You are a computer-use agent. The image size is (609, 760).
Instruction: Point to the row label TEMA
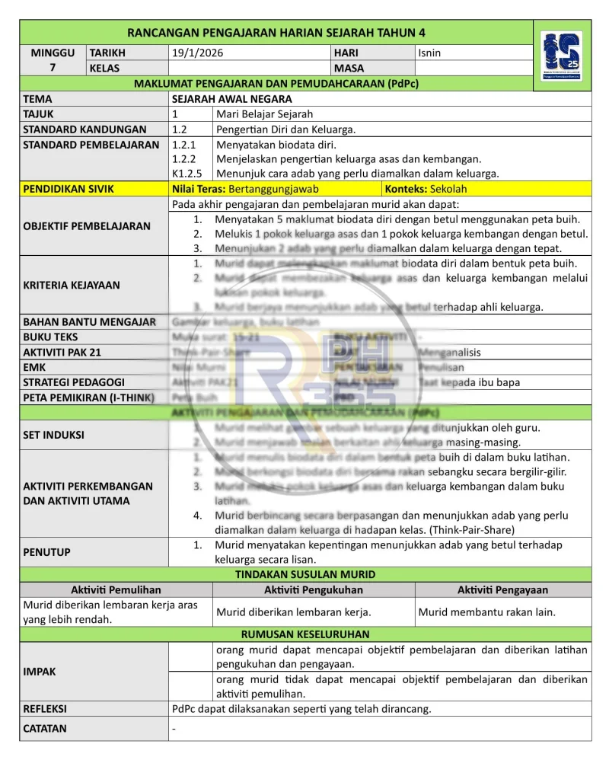click(38, 99)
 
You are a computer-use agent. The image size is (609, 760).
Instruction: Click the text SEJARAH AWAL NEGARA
click(232, 99)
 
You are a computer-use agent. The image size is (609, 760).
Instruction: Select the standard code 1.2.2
click(184, 159)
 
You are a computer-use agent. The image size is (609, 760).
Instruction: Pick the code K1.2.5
click(187, 174)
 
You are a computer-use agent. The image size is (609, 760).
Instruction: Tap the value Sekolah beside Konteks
click(448, 189)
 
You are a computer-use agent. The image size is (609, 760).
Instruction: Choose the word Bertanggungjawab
click(273, 189)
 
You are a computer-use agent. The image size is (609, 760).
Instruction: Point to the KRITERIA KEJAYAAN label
click(72, 286)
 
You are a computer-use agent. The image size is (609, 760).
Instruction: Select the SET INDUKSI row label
click(53, 435)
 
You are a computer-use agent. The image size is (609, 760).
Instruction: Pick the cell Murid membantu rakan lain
click(486, 612)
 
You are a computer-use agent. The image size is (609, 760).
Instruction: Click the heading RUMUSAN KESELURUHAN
click(304, 634)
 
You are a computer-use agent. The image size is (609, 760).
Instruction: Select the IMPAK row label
click(40, 672)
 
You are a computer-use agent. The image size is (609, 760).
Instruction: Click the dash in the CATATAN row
click(175, 729)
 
